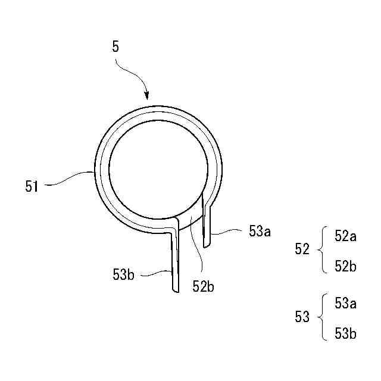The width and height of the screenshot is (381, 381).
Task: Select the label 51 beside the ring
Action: (x=32, y=186)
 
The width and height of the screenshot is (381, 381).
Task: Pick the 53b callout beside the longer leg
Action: (x=123, y=274)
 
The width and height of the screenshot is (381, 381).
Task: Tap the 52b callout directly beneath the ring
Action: (x=203, y=286)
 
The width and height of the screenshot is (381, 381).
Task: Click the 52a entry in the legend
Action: (x=345, y=236)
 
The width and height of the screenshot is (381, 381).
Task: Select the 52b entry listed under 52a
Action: (x=345, y=266)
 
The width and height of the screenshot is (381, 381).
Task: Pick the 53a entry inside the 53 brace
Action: (x=345, y=304)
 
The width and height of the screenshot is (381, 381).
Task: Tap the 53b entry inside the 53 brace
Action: (x=345, y=334)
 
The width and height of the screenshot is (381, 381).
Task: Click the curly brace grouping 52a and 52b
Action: (x=323, y=250)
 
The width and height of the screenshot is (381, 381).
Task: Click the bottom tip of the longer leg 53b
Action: (x=173, y=291)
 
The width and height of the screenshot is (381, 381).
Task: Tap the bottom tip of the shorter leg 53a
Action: (x=207, y=247)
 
